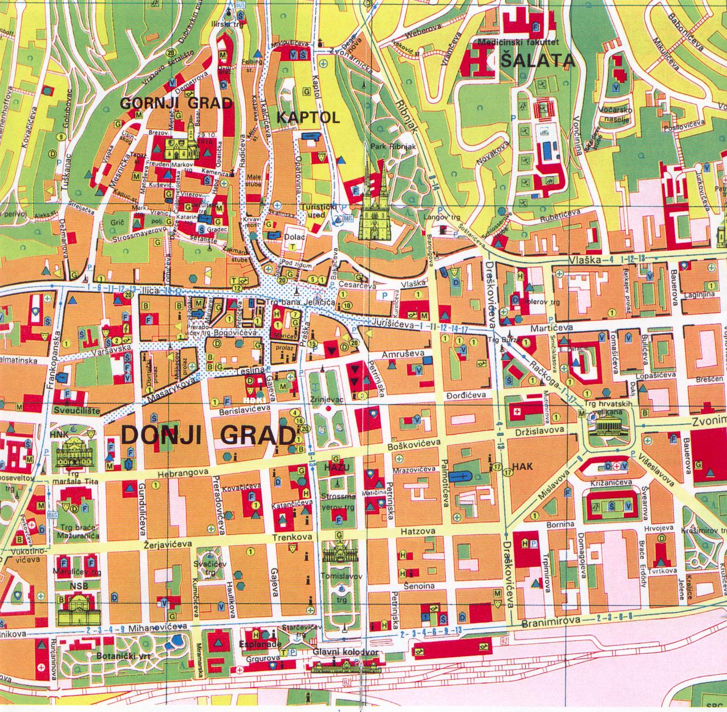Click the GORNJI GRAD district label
(x=176, y=103)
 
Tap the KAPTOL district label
(x=308, y=117)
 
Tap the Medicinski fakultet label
(x=518, y=42)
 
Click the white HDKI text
(x=251, y=400)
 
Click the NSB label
(x=71, y=585)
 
